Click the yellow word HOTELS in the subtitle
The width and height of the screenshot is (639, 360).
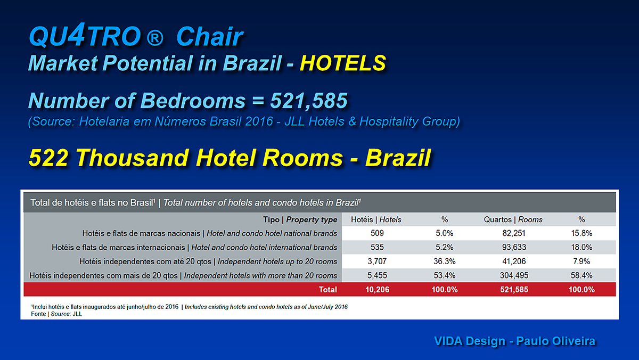click(343, 63)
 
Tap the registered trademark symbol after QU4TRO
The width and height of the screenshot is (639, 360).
click(155, 38)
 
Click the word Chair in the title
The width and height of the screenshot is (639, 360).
click(210, 36)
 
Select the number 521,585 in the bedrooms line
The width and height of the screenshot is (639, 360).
click(309, 101)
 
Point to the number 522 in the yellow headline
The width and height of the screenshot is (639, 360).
click(48, 158)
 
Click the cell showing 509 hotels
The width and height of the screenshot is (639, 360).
click(377, 233)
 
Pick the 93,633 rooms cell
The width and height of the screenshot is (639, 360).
click(514, 247)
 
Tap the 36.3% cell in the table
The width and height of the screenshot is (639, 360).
click(444, 261)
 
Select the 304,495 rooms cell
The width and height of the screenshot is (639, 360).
click(514, 275)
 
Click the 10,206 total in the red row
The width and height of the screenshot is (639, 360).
click(377, 290)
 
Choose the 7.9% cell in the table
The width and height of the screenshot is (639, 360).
click(581, 261)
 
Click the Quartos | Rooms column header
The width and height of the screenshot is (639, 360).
click(513, 219)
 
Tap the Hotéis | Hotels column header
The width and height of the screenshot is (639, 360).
click(376, 219)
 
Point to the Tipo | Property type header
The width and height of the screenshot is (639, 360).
click(300, 219)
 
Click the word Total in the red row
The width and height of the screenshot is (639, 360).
click(328, 290)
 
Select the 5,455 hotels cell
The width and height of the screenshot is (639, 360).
click(377, 275)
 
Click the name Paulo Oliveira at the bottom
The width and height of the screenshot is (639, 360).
click(556, 341)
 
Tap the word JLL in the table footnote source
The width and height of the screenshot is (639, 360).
click(77, 314)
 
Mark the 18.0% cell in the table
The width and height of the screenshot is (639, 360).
click(581, 247)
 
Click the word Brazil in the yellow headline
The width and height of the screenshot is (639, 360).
click(398, 158)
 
